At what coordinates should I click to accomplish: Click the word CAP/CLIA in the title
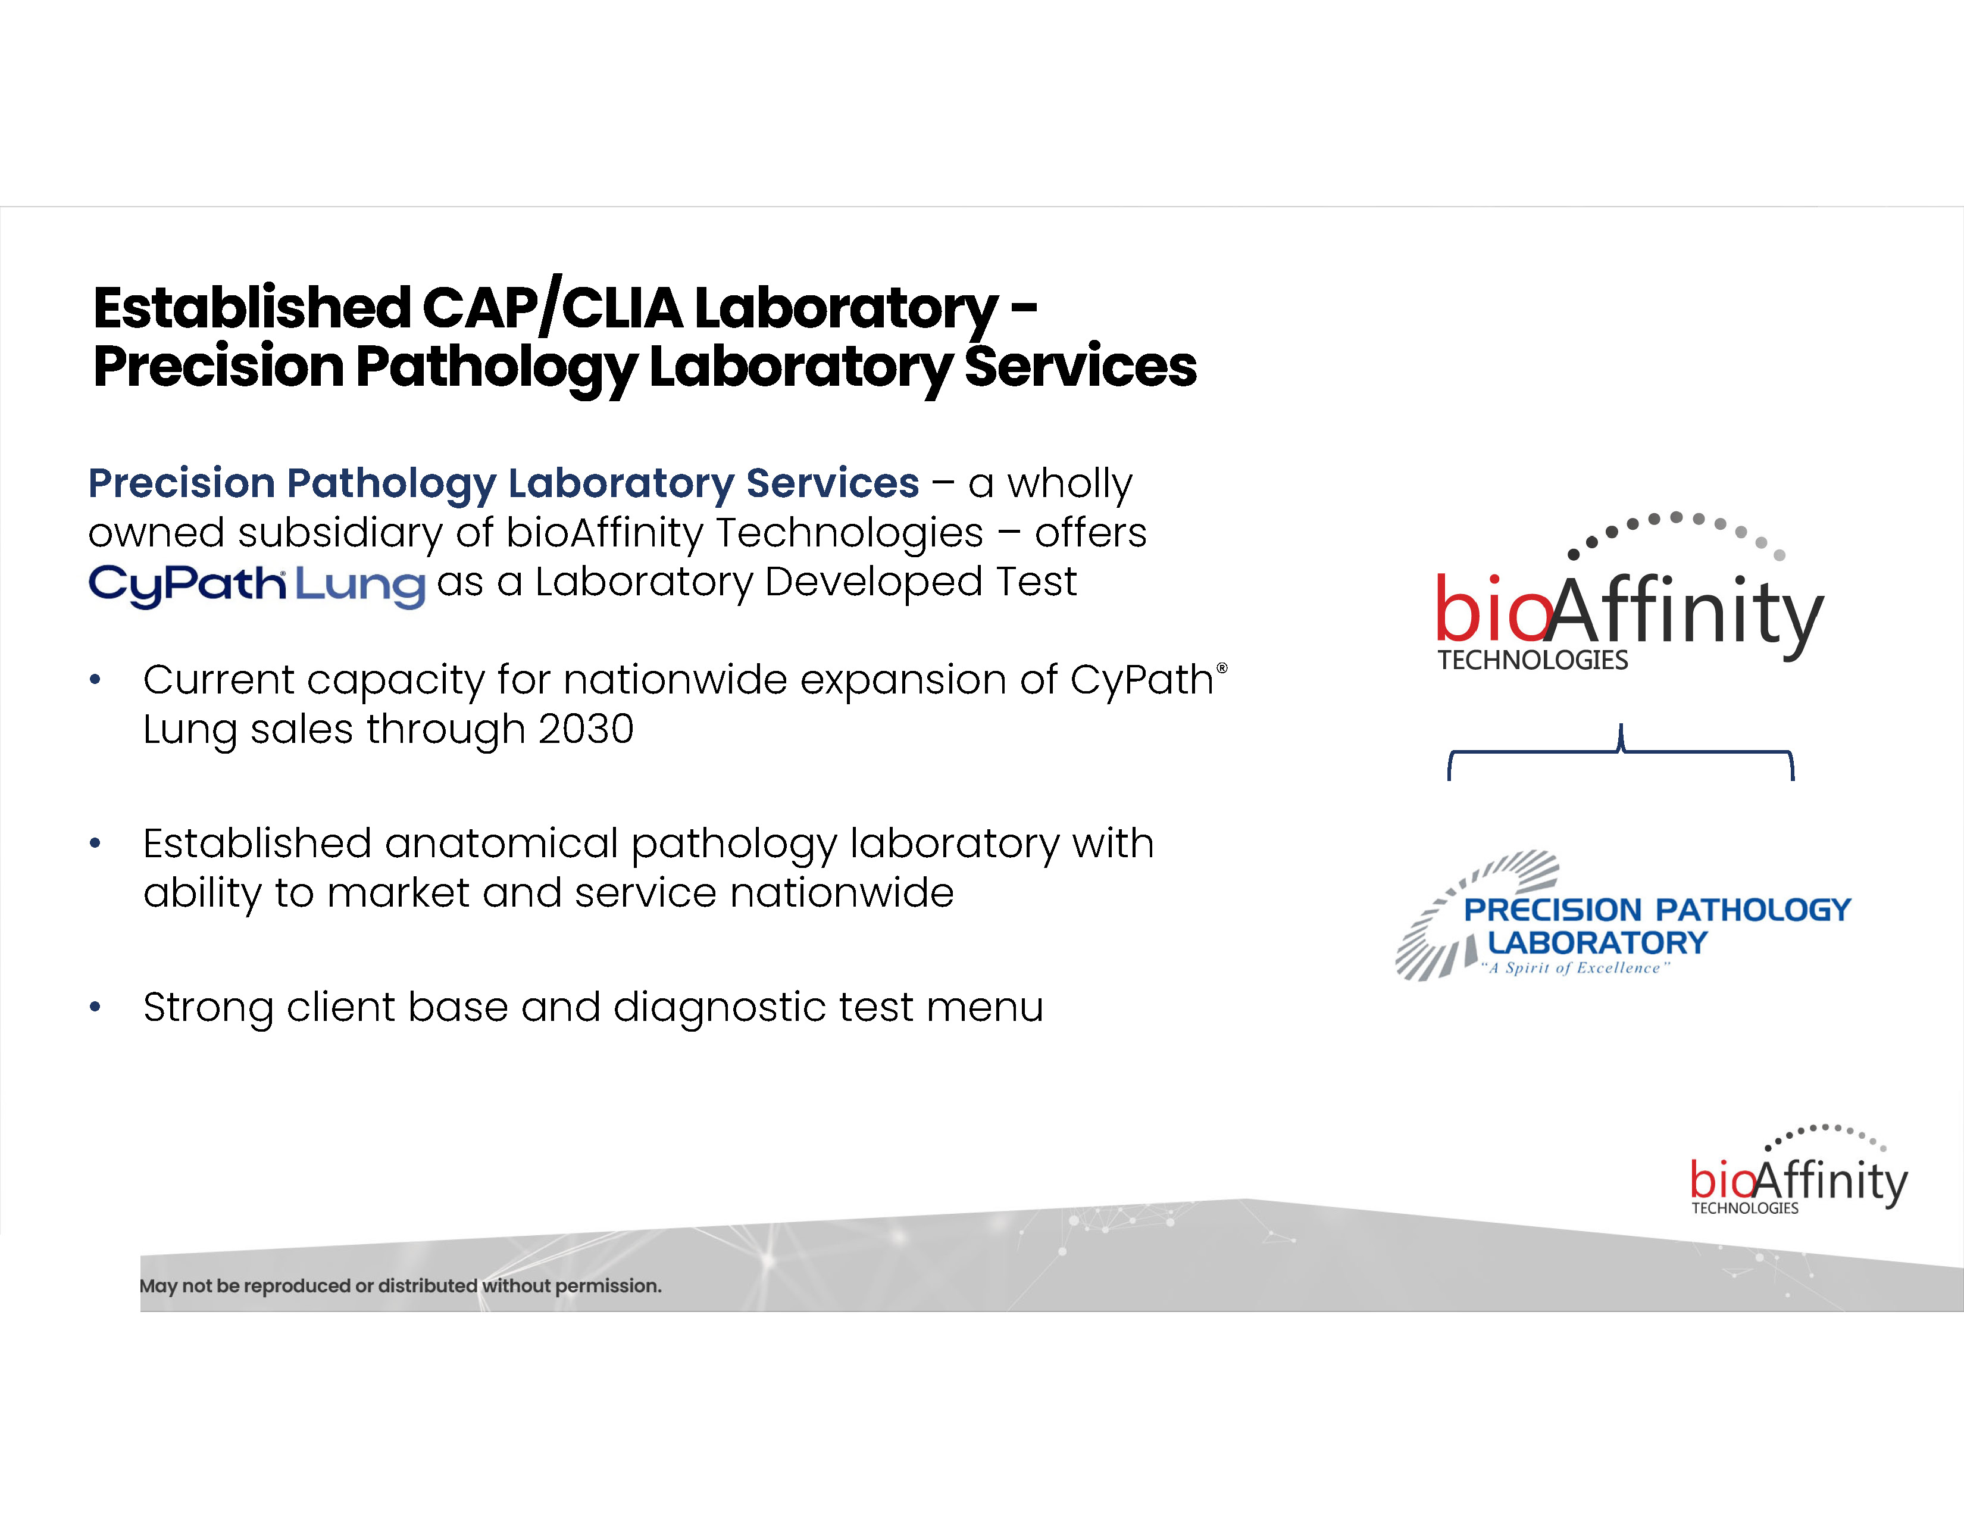[x=551, y=308]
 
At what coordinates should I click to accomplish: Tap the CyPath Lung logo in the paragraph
[x=257, y=585]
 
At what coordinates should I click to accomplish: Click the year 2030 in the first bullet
[x=586, y=729]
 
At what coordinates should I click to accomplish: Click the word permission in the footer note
[x=607, y=1286]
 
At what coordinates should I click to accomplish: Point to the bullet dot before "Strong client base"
[x=95, y=1007]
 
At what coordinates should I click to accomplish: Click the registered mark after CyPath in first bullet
[x=1221, y=668]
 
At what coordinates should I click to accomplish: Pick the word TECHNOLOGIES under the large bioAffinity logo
[x=1533, y=660]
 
